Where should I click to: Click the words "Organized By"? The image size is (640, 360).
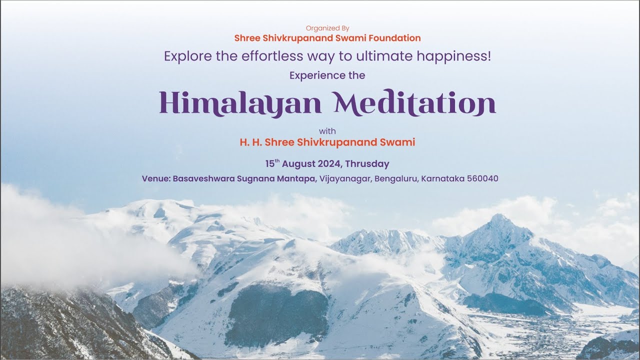(x=327, y=28)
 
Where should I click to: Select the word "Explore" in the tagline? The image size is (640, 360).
(x=188, y=56)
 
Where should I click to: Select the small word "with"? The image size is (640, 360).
(x=327, y=131)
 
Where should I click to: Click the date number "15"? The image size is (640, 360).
(x=270, y=164)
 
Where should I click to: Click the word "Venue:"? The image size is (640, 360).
(x=156, y=178)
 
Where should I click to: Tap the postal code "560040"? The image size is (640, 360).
(x=482, y=178)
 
